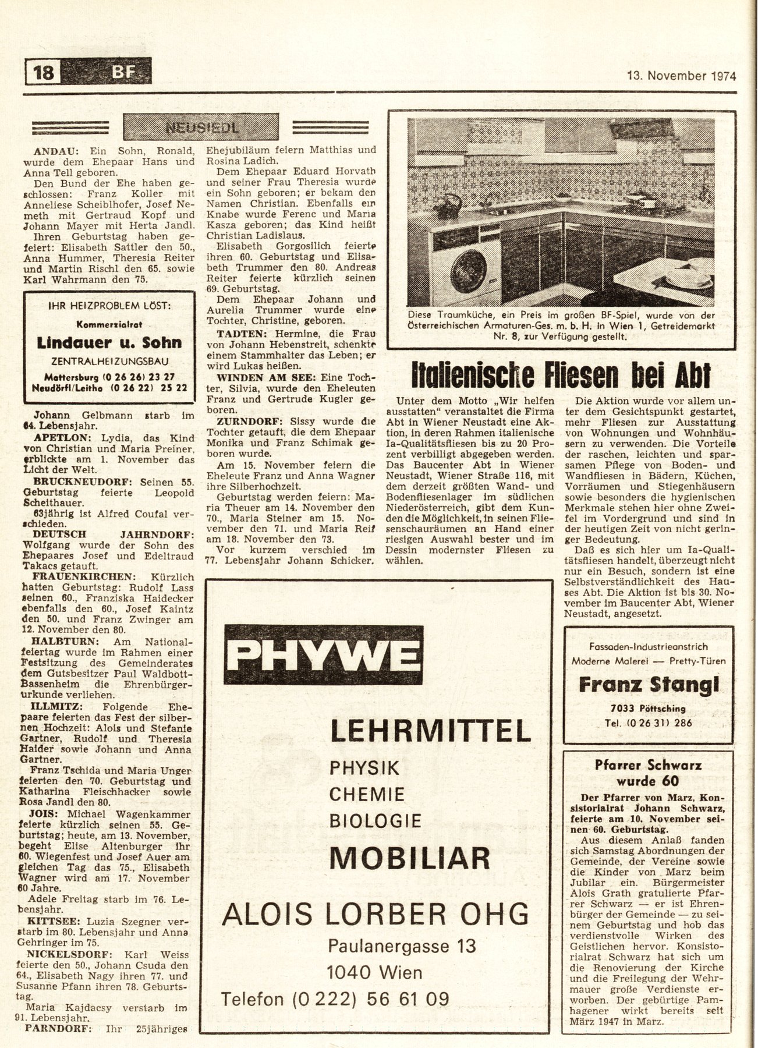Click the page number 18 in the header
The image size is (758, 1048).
[x=44, y=72]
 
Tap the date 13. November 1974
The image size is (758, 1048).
[x=681, y=76]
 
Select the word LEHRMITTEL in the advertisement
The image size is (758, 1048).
[x=430, y=731]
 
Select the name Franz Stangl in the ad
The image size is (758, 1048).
[x=649, y=685]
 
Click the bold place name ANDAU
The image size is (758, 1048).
[x=54, y=150]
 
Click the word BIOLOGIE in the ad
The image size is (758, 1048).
[x=376, y=820]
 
